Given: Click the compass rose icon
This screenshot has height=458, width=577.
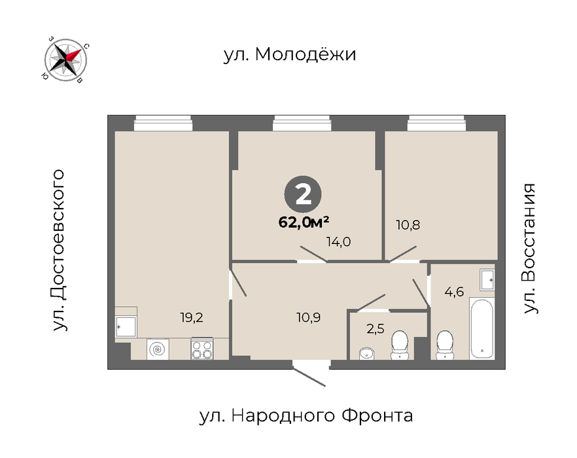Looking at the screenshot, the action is pyautogui.click(x=65, y=60).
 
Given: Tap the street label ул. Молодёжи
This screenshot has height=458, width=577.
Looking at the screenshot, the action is pyautogui.click(x=290, y=54).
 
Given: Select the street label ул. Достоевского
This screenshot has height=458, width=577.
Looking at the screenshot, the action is pyautogui.click(x=58, y=251).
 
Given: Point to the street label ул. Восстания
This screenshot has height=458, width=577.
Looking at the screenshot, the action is pyautogui.click(x=529, y=249).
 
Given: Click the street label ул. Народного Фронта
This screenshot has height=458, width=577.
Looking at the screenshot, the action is pyautogui.click(x=306, y=416).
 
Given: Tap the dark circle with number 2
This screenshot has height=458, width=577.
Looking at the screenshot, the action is pyautogui.click(x=303, y=194).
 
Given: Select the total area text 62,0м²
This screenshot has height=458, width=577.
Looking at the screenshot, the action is pyautogui.click(x=304, y=222).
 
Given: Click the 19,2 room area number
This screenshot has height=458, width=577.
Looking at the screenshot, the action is pyautogui.click(x=191, y=317).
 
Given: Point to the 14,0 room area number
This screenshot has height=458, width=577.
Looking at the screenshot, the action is pyautogui.click(x=339, y=242).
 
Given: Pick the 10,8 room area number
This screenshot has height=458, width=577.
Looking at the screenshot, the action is pyautogui.click(x=408, y=224).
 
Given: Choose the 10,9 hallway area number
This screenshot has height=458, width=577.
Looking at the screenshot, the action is pyautogui.click(x=308, y=317).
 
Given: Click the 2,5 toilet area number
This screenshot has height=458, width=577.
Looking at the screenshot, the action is pyautogui.click(x=376, y=328).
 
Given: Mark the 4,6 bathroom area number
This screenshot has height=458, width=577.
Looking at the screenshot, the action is pyautogui.click(x=454, y=292).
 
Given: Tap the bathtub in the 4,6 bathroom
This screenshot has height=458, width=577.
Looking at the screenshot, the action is pyautogui.click(x=481, y=328).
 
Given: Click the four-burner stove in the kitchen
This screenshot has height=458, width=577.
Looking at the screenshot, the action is pyautogui.click(x=201, y=349).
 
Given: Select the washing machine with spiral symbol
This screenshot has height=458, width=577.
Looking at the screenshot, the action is pyautogui.click(x=158, y=349).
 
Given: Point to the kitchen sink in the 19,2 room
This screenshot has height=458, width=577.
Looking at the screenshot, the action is pyautogui.click(x=126, y=326).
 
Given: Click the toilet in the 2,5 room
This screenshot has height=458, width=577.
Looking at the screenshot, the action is pyautogui.click(x=399, y=345).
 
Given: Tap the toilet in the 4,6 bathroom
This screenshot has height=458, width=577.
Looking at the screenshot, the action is pyautogui.click(x=445, y=345).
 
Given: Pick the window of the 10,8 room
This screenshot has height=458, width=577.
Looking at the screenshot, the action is pyautogui.click(x=436, y=123).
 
